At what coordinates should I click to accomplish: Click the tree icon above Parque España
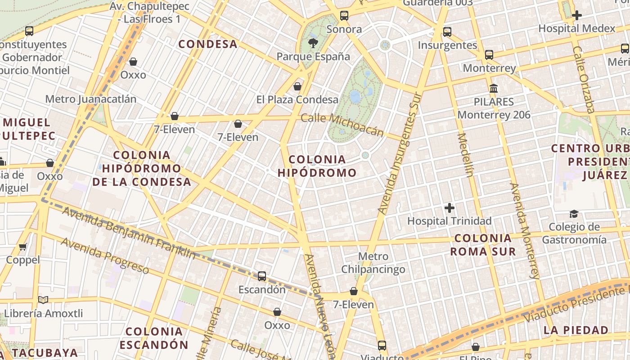(313, 43)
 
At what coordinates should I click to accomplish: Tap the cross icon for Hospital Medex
(576, 15)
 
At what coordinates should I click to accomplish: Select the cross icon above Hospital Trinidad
(449, 208)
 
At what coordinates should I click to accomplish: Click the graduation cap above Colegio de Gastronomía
(574, 214)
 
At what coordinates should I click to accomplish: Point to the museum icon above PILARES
(494, 88)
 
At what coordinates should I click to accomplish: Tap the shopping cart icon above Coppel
(23, 247)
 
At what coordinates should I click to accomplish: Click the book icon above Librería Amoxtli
(43, 300)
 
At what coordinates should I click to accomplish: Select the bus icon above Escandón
(262, 276)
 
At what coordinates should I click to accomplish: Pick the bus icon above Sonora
(344, 16)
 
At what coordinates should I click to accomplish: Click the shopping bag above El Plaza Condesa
(297, 86)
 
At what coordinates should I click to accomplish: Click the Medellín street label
(465, 155)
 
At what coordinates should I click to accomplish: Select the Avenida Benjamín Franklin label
(129, 232)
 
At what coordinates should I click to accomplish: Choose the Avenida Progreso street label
(105, 256)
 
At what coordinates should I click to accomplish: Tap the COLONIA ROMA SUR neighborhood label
(483, 245)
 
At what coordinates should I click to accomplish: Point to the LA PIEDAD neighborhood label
(576, 330)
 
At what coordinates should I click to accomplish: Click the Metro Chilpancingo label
(373, 263)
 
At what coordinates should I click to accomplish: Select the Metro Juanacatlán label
(91, 99)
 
